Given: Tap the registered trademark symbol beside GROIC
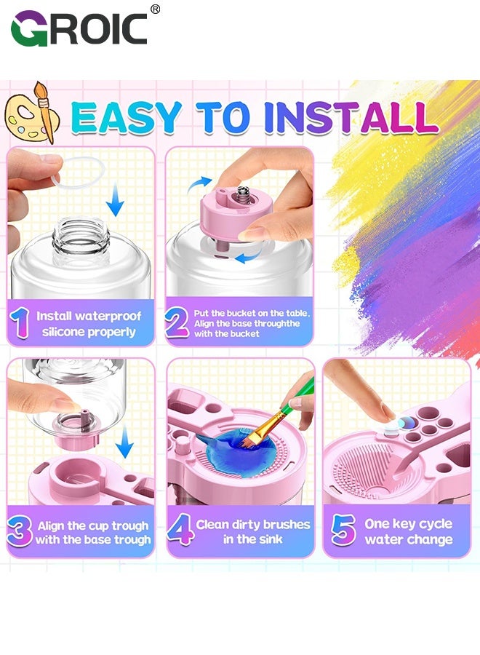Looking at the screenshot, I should (155, 9).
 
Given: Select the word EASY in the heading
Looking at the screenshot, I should (127, 117).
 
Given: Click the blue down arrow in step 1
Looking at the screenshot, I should (114, 199).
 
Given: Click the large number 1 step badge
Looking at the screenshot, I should (20, 323).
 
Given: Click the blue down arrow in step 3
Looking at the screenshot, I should (124, 440).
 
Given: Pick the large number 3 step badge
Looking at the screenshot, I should (20, 532).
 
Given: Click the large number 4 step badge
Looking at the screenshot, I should (180, 532).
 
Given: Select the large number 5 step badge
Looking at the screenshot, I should (343, 532).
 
